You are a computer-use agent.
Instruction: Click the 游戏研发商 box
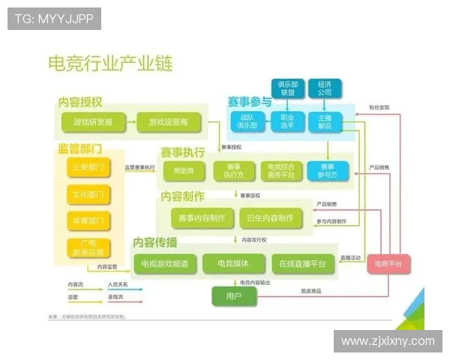point(92,121)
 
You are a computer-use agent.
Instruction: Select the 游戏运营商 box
point(168,121)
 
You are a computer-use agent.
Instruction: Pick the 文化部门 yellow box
point(88,194)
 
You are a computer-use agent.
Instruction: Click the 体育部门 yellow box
point(88,221)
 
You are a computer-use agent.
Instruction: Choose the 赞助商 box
point(183,170)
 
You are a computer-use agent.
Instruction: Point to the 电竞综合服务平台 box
point(282,170)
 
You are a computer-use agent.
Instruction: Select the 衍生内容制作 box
point(269,218)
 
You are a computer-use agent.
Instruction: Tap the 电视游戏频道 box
point(165,263)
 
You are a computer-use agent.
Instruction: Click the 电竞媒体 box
point(232,263)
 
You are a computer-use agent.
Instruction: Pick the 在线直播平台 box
point(302,263)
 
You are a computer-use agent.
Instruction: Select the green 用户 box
point(233,297)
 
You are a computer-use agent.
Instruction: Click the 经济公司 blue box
point(324,88)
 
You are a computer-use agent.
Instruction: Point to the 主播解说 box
point(324,121)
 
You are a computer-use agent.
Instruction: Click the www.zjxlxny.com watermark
point(387,340)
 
